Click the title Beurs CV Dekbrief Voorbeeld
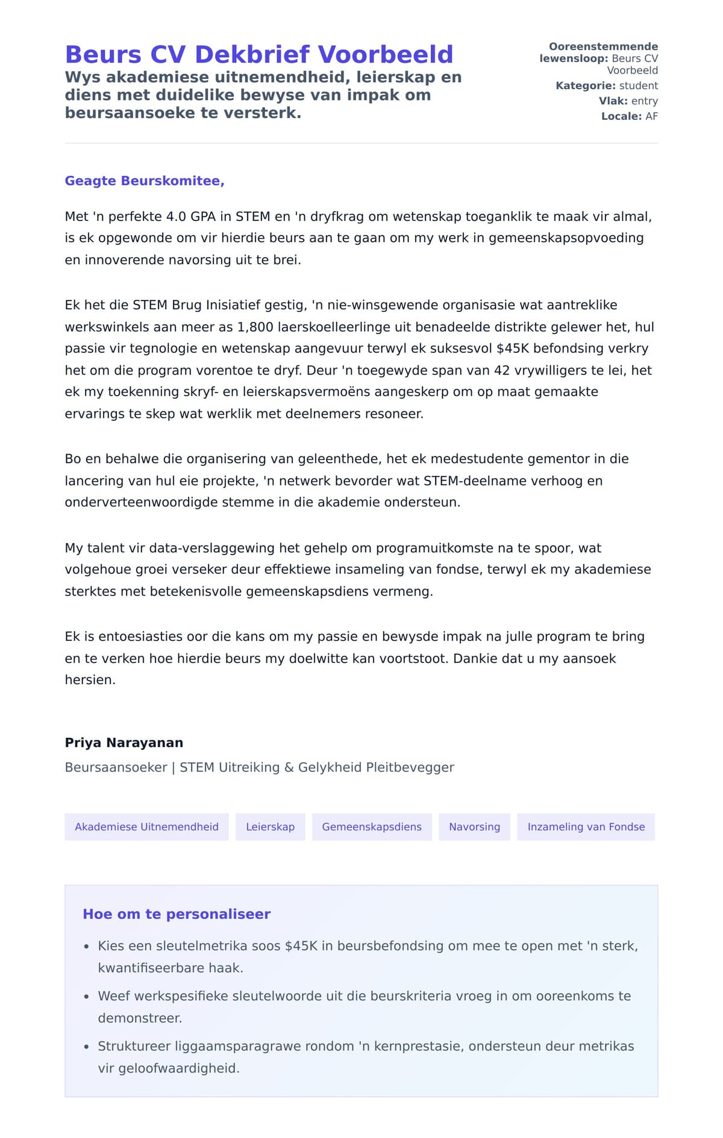259,54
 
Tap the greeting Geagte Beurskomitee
145,181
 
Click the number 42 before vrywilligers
502,370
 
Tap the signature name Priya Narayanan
124,742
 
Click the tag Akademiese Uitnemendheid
146,827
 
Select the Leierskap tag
270,827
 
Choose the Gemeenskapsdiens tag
372,827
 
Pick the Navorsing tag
474,827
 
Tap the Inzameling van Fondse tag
586,827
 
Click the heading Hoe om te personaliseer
177,914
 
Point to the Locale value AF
651,116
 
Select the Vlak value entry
644,101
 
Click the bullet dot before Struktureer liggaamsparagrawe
87,1047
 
